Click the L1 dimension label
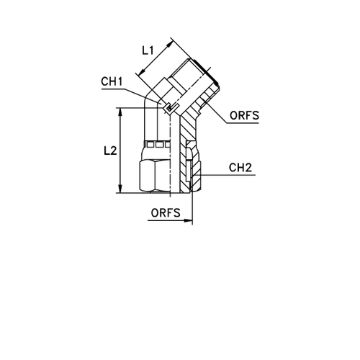point(148,52)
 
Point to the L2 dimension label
point(110,150)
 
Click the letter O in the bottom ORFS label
point(152,212)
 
